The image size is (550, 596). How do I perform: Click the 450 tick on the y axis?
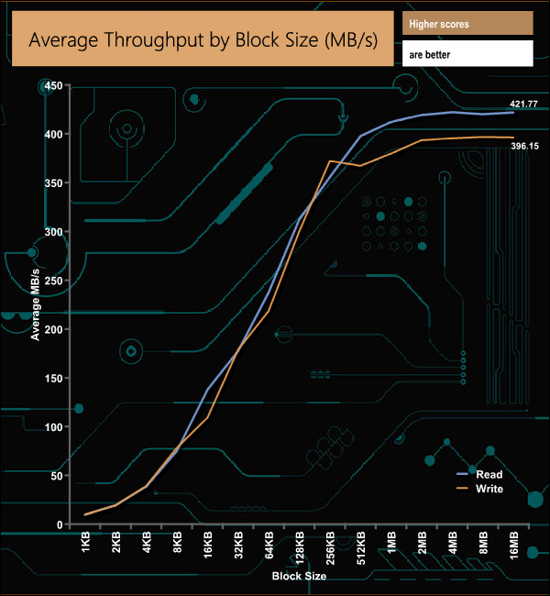(x=51, y=86)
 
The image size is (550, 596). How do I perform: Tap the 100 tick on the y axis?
(x=51, y=427)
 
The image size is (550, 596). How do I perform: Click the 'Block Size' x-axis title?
(x=299, y=576)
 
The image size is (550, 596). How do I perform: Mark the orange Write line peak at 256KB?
(x=330, y=161)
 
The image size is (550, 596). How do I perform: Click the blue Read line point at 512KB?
(x=360, y=136)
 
